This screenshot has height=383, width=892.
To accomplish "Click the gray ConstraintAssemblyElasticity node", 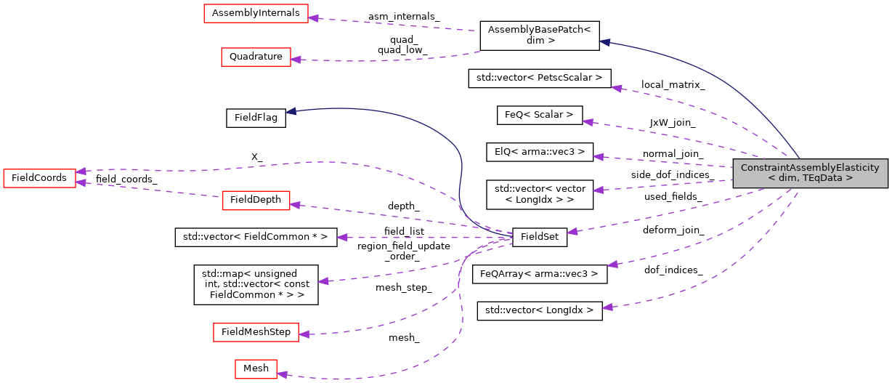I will point(810,173).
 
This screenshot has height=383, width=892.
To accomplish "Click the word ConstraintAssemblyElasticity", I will point(810,168).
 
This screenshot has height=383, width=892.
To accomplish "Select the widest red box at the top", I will point(256,13).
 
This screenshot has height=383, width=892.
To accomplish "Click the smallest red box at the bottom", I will point(256,368).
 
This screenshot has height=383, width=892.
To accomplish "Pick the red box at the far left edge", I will point(39,178).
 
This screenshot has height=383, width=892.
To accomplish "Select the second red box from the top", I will point(256,57).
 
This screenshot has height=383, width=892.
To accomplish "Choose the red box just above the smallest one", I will point(256,332).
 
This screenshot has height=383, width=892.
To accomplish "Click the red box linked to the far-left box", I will point(256,201).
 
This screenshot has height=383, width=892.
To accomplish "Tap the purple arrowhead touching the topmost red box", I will point(313,17).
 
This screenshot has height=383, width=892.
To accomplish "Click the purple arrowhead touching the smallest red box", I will point(282,374).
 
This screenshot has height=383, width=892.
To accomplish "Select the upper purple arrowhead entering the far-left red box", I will point(81,172).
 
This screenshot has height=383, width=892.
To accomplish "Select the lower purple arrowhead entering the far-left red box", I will point(81,182).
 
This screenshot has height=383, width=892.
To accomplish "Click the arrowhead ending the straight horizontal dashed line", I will point(341,238).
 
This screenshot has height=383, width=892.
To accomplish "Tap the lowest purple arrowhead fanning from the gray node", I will point(607,307).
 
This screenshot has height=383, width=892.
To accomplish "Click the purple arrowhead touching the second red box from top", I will point(296,60).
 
